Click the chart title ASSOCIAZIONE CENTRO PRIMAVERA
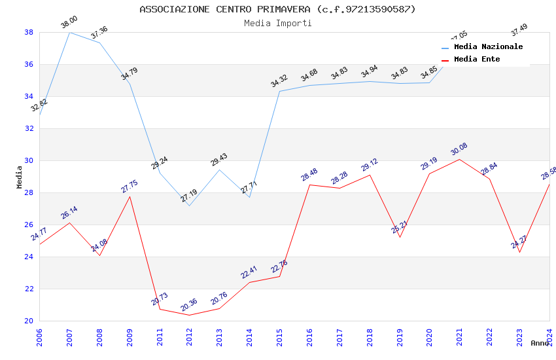point(277,9)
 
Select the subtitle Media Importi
point(277,23)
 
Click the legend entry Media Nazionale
point(488,46)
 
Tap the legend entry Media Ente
point(477,59)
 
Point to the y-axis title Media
point(19,177)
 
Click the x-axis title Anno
point(540,343)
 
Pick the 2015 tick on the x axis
point(279,335)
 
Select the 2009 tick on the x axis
point(130,335)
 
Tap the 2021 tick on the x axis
point(459,335)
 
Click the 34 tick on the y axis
point(29,96)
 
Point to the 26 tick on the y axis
point(29,225)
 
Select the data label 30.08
point(459,149)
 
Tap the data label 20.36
point(188,305)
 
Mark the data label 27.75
point(130,187)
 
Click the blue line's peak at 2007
point(69,32)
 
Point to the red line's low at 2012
point(189,315)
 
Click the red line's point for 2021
point(459,159)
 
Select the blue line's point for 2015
point(279,91)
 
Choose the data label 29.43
point(219,160)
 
